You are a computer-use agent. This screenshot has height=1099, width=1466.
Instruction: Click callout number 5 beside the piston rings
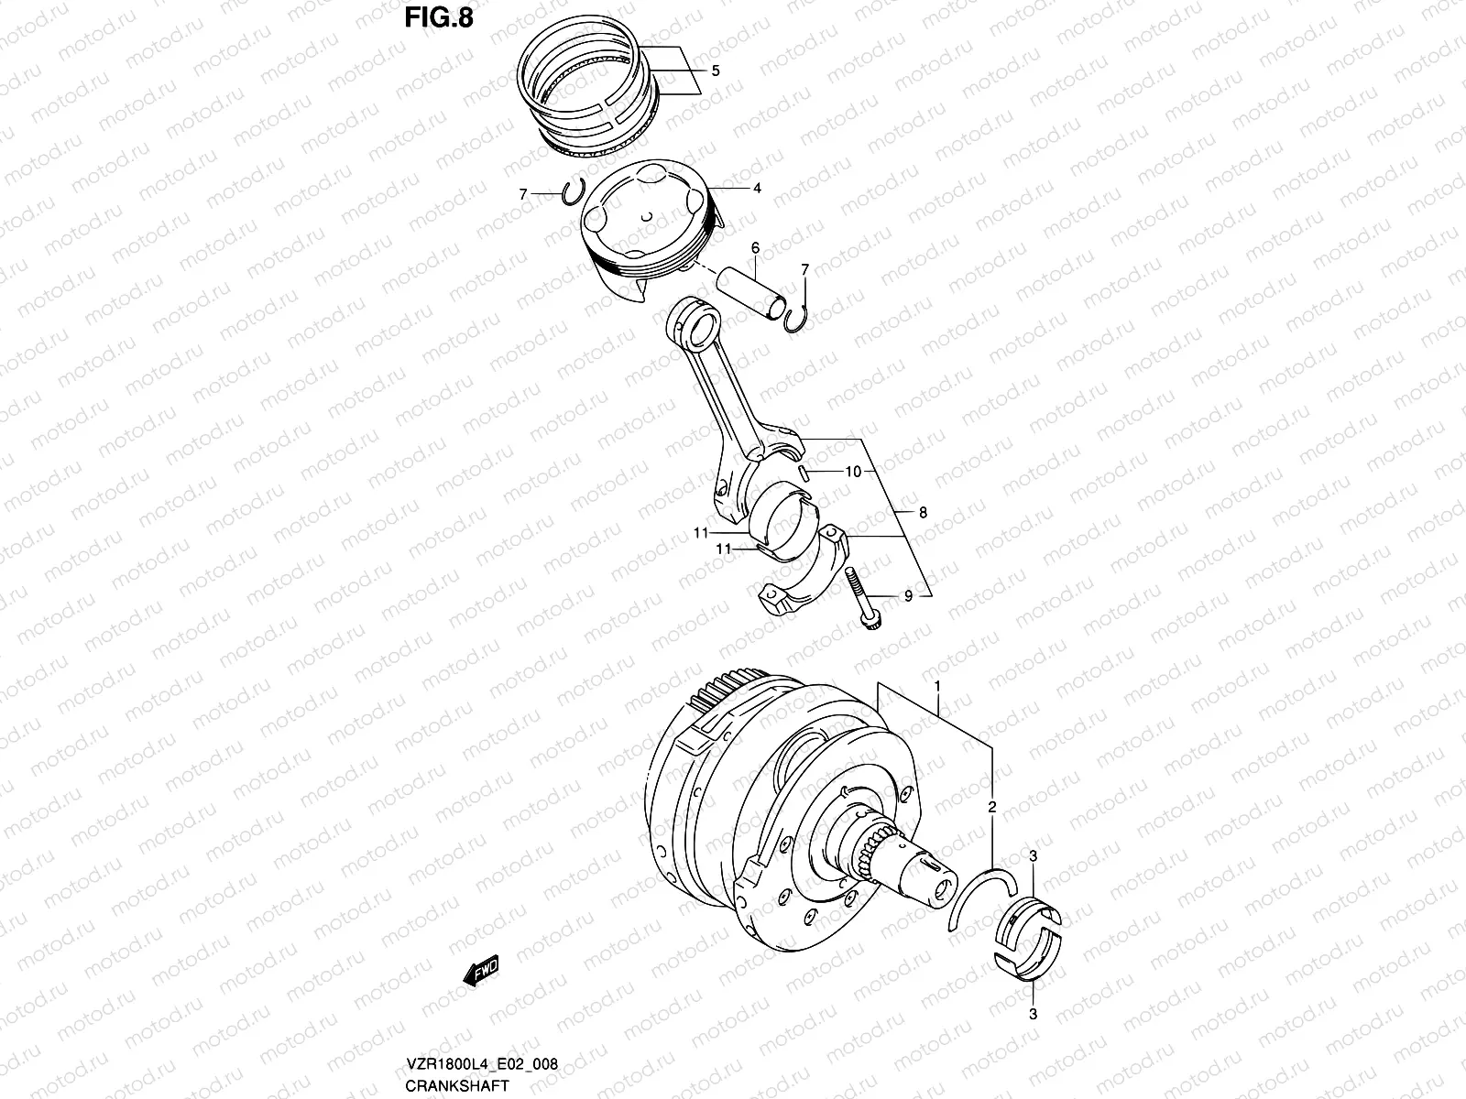click(x=716, y=71)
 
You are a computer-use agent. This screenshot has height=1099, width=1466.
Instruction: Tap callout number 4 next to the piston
click(x=758, y=189)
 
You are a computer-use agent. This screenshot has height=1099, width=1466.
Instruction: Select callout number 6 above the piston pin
click(x=755, y=247)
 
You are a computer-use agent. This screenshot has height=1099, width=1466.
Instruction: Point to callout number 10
click(x=853, y=473)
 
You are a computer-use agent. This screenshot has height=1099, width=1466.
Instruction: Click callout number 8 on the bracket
click(x=923, y=513)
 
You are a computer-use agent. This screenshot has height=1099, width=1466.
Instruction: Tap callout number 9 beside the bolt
click(x=908, y=596)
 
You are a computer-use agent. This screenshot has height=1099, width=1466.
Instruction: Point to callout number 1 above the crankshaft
click(x=937, y=685)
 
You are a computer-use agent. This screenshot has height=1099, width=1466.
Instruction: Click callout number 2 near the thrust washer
click(x=991, y=807)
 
